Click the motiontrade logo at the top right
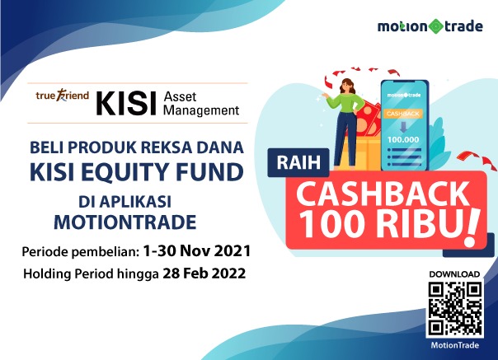pos(431,26)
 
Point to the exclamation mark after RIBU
pos(472,222)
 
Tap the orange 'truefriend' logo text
pos(61,96)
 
